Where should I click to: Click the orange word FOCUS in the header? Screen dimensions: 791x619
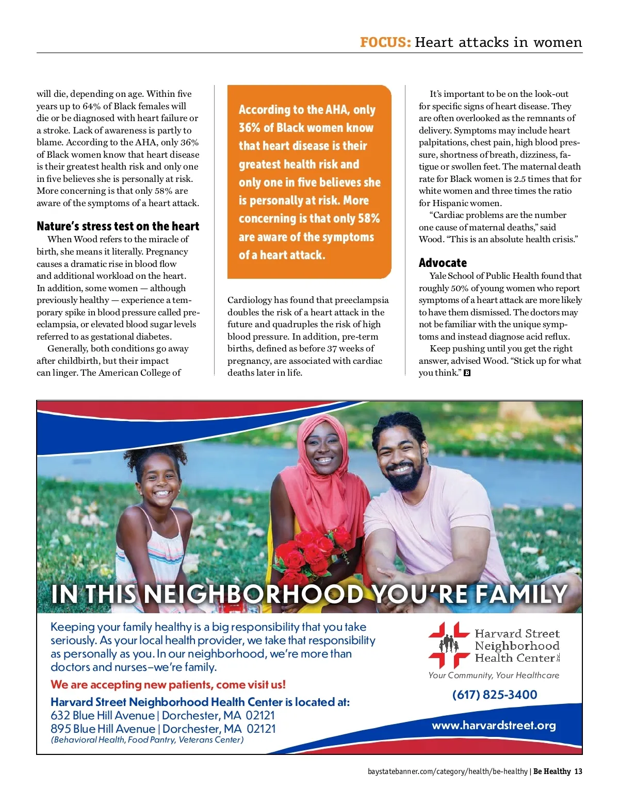coord(385,42)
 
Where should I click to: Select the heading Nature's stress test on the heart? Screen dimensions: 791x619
coord(118,226)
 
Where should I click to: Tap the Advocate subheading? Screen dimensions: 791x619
coord(443,263)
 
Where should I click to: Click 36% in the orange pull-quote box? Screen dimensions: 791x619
coord(249,128)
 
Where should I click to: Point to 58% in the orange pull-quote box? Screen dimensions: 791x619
coord(368,218)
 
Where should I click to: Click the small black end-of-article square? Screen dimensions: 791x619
coord(467,373)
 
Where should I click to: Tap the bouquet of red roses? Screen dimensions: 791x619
coord(312,554)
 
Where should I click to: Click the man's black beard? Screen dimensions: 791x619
coord(405,476)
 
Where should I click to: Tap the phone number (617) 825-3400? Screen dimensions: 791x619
coord(494,695)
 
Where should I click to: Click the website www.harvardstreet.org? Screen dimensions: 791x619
coord(494,726)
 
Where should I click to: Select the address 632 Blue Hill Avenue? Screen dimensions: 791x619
coord(103,715)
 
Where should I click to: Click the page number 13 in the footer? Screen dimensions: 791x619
coord(578,771)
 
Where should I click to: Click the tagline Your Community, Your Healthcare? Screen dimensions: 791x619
coord(494,675)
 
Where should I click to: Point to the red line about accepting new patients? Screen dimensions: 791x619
coord(168,685)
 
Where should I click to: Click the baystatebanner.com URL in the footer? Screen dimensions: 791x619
coord(447,771)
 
